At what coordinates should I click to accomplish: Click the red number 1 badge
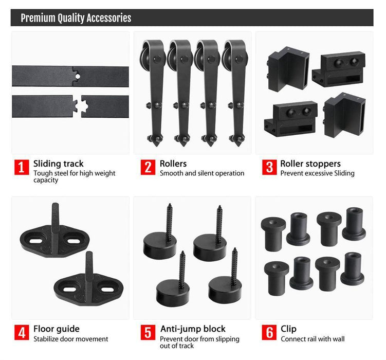click(22, 167)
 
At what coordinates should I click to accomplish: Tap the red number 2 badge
click(148, 167)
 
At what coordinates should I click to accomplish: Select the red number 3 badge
click(269, 167)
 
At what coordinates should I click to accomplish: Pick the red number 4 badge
click(22, 332)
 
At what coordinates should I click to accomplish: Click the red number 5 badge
click(148, 332)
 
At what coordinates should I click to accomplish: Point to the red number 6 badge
click(269, 332)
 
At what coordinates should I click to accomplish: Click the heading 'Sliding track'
click(59, 164)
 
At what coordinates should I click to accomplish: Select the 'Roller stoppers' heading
click(310, 164)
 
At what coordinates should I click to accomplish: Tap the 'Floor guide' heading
click(57, 329)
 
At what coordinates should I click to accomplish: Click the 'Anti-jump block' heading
click(193, 329)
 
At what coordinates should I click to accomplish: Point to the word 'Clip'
click(288, 329)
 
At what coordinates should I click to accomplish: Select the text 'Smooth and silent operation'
click(202, 173)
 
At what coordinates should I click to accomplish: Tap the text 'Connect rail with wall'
click(313, 339)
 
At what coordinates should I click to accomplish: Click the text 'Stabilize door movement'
click(70, 339)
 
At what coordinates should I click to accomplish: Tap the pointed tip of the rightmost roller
click(238, 146)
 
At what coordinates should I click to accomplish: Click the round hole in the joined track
click(78, 77)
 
